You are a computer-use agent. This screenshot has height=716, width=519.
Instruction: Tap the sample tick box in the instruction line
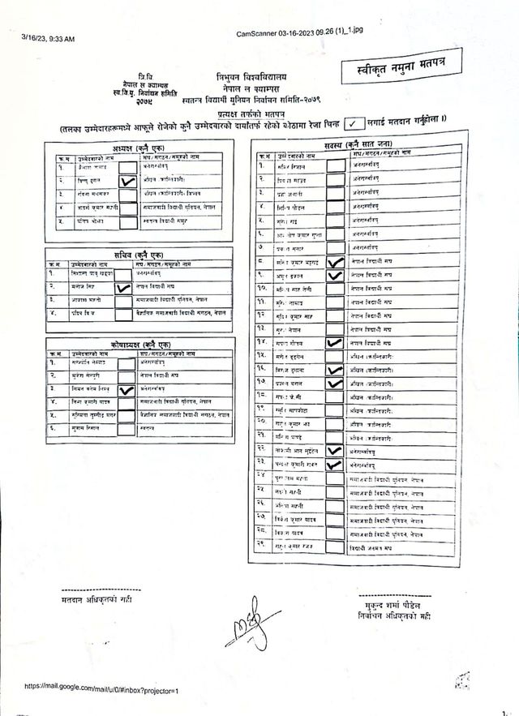354,124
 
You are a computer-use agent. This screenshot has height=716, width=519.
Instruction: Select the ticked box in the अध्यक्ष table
127,182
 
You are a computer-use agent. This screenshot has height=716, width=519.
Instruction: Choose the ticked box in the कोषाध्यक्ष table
126,390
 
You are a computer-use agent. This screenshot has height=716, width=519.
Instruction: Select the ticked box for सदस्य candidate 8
334,261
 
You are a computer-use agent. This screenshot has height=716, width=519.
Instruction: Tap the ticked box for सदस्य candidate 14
333,343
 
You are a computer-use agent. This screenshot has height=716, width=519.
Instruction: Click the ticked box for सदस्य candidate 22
333,450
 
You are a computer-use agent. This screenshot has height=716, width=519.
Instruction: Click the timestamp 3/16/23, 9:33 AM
48,39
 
